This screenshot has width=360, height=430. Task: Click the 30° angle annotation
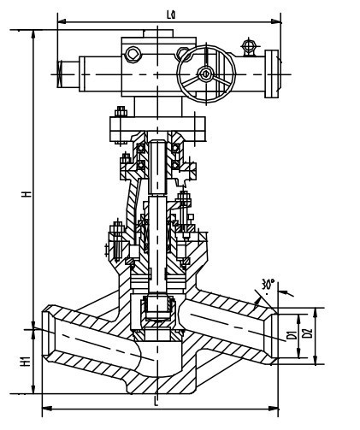(x=270, y=284)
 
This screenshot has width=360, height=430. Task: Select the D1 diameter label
(x=291, y=333)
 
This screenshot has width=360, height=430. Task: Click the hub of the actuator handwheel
(x=205, y=74)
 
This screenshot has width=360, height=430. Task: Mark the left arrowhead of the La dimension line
(x=60, y=17)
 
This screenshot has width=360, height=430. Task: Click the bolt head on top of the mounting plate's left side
(x=119, y=109)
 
